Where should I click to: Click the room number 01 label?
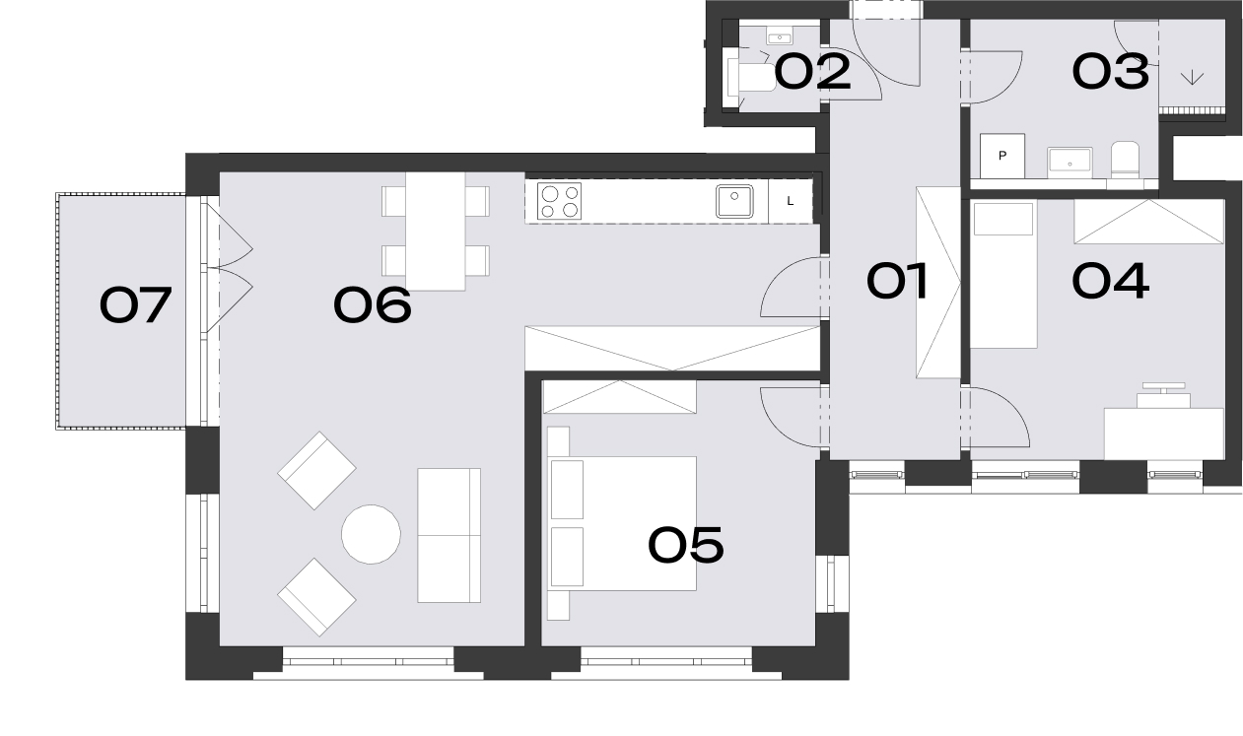point(897,281)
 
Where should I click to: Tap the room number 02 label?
point(812,72)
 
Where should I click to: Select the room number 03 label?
point(1110,72)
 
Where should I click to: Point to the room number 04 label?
point(1110,281)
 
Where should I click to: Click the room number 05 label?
point(686,545)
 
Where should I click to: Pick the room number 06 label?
point(373,304)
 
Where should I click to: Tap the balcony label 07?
point(135,304)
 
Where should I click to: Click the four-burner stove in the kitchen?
point(559,201)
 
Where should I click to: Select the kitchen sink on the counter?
point(734,201)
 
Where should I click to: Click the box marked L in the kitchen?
point(791,201)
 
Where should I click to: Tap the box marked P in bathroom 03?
point(1002,156)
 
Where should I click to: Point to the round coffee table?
point(371,534)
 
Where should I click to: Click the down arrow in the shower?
point(1192,78)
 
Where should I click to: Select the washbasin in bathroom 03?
point(1070,163)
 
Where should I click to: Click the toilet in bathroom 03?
point(1125,161)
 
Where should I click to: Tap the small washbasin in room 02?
point(780,36)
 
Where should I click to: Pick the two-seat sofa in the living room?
point(449,535)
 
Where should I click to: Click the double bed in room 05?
point(621,523)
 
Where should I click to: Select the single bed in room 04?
point(1003,275)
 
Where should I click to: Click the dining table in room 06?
point(435,232)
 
